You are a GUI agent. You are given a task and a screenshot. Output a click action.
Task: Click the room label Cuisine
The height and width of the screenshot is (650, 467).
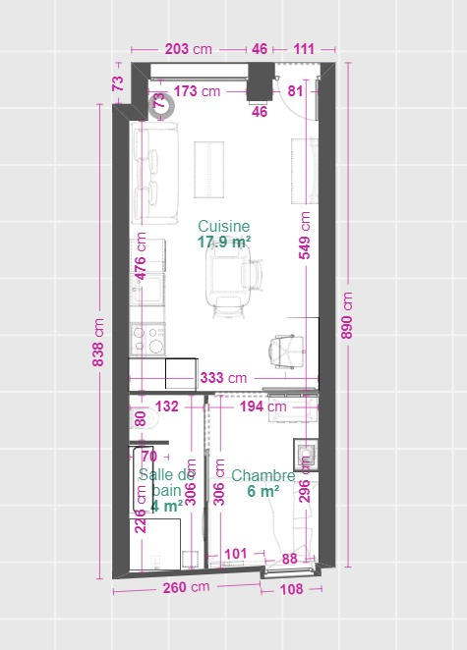point(223,226)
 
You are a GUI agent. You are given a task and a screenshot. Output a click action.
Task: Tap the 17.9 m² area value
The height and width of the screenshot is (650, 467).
point(223,242)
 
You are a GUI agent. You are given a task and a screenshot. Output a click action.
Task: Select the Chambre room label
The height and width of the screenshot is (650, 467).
point(263,476)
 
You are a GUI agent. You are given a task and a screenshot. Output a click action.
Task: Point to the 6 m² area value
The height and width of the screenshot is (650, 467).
point(263,492)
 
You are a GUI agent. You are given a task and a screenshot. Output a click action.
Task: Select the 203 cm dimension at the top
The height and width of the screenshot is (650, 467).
point(188,48)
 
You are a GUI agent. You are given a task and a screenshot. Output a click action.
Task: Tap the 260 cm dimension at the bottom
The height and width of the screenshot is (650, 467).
point(186,588)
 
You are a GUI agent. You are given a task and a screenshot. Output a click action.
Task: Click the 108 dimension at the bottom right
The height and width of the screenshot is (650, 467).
point(292,589)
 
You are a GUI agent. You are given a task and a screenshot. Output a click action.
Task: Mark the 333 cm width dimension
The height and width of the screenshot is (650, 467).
point(223,377)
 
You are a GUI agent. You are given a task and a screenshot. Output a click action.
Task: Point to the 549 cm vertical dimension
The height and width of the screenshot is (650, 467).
point(305,236)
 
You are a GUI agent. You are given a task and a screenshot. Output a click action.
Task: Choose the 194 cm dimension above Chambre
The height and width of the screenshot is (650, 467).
point(263,406)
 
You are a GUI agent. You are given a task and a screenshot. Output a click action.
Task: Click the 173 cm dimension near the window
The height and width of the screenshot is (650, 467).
point(197,91)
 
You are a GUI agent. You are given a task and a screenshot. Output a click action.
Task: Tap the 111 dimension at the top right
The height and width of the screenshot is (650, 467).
point(304,48)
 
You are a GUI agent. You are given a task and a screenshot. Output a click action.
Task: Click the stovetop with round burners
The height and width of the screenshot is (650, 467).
point(150,339)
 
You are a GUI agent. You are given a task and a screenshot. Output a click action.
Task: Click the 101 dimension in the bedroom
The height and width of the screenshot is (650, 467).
point(236,554)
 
